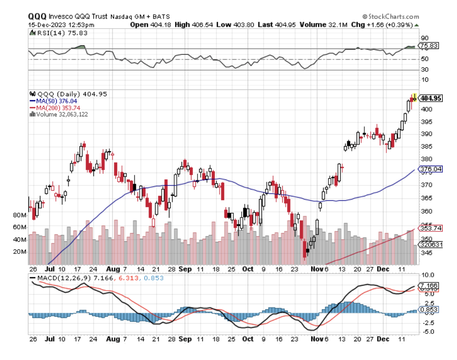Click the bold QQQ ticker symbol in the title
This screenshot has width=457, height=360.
click(x=37, y=17)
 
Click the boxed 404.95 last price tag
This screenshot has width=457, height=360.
click(x=432, y=98)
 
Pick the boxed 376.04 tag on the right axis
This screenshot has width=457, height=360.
click(x=431, y=169)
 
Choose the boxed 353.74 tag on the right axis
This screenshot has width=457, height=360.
click(x=431, y=228)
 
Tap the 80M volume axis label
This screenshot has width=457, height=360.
click(x=19, y=215)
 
